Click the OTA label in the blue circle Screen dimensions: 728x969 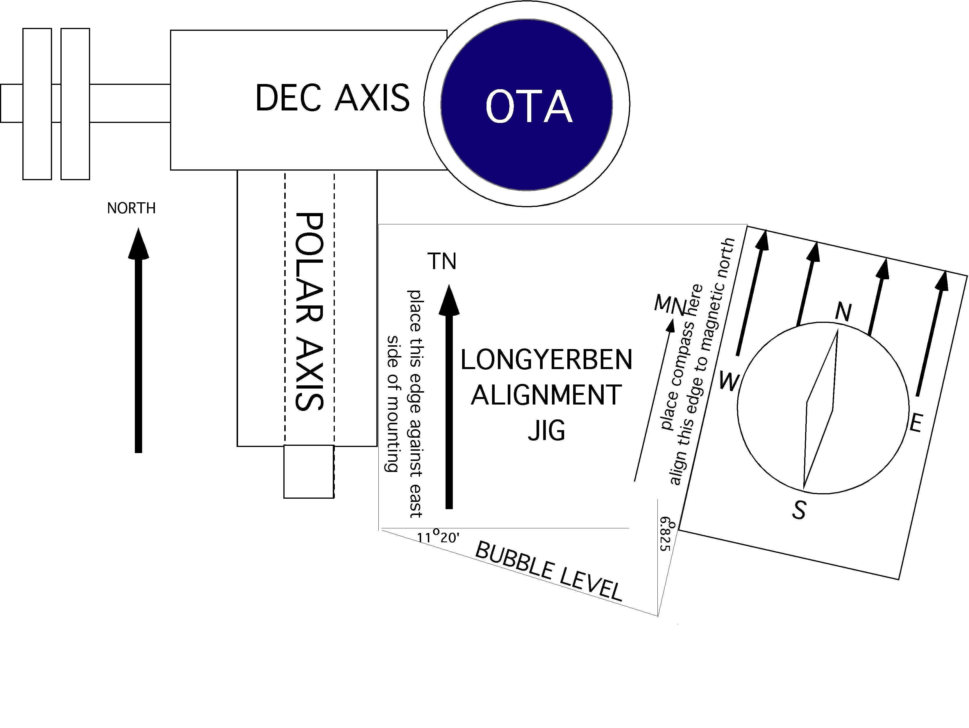tap(529, 106)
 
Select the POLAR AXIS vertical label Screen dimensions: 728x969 tap(309, 312)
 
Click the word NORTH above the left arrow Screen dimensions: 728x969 tap(131, 208)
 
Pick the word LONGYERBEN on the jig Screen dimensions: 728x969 tap(546, 360)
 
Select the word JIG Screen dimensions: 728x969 tap(546, 431)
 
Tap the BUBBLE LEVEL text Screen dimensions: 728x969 tap(548, 571)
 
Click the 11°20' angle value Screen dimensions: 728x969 tap(438, 536)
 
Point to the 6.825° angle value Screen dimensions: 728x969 tap(666, 534)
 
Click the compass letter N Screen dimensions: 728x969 tap(843, 312)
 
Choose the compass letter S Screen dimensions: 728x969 tap(799, 510)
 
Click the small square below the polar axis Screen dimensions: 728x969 tap(309, 472)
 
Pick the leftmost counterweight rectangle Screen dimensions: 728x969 tap(37, 104)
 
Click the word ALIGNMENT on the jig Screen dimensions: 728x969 tap(546, 395)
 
